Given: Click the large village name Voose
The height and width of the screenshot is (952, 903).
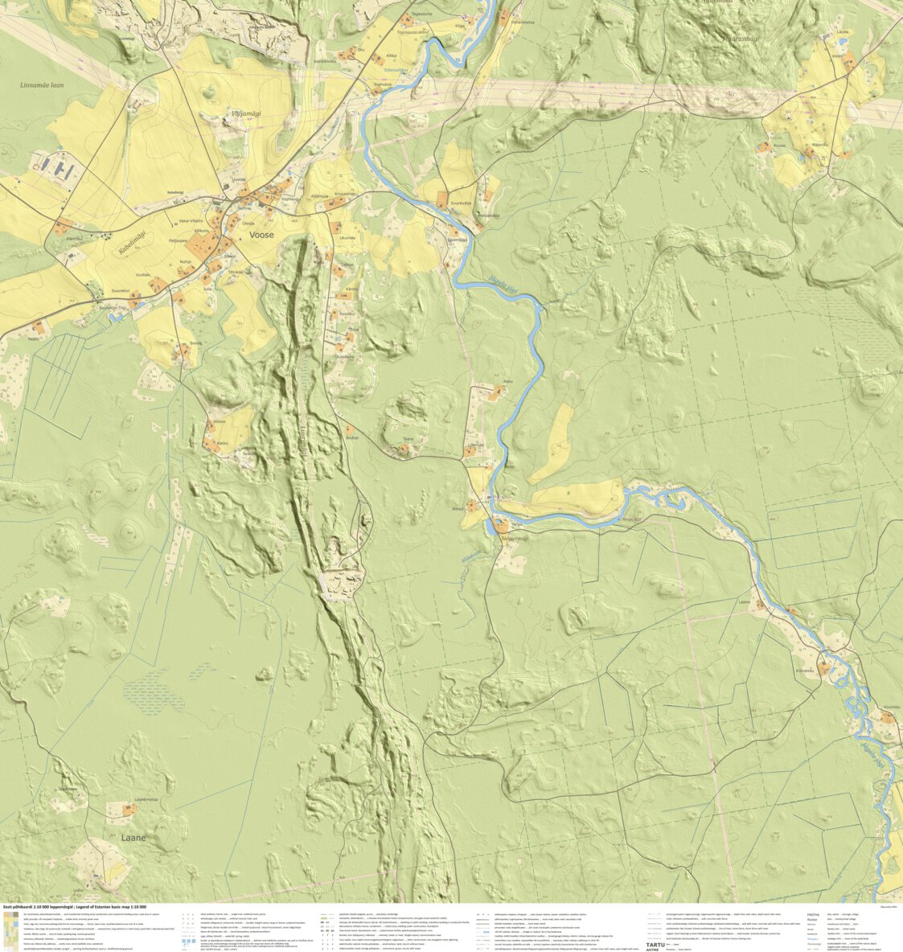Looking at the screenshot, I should [x=261, y=235].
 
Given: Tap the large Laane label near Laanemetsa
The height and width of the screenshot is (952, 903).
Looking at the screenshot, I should [x=133, y=838].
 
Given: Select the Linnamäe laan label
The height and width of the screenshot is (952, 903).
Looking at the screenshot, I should [x=42, y=84].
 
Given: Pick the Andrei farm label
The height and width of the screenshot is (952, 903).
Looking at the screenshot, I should [x=351, y=437].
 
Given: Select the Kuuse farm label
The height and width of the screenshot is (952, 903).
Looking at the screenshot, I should [x=779, y=145].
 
